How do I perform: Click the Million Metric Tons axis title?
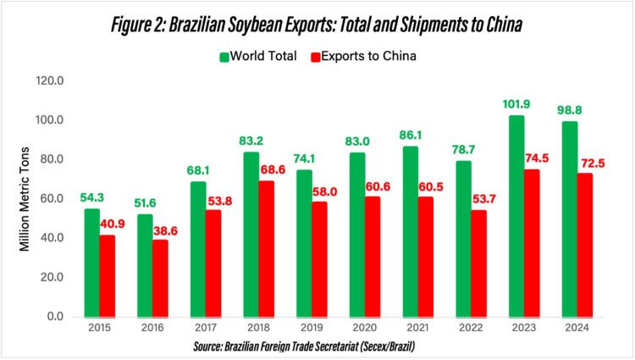pos(26,198)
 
